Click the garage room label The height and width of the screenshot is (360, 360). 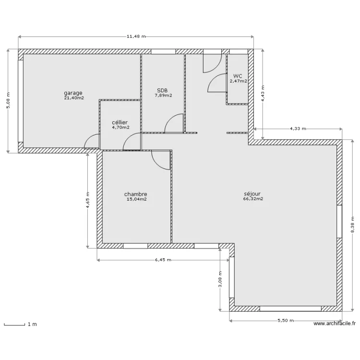(73, 93)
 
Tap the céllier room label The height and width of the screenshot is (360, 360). (120, 122)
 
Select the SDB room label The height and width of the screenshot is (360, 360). (162, 90)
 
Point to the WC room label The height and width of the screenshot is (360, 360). (238, 76)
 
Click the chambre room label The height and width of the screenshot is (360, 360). (136, 194)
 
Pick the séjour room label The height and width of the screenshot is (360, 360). (252, 194)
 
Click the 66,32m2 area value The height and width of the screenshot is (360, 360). (253, 199)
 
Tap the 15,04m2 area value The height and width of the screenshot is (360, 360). (137, 199)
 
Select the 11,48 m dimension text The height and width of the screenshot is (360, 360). (136, 36)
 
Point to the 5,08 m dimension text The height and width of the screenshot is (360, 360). (8, 101)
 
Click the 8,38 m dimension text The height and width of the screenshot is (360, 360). (352, 225)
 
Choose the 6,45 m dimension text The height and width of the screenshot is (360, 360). (163, 260)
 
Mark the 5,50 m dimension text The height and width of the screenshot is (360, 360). (286, 321)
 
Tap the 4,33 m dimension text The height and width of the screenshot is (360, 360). (298, 129)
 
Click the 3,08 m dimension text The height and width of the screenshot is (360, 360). (220, 279)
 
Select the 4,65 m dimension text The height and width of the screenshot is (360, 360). (88, 200)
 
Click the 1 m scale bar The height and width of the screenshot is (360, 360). (14, 324)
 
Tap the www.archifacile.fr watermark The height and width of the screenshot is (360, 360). (335, 324)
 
